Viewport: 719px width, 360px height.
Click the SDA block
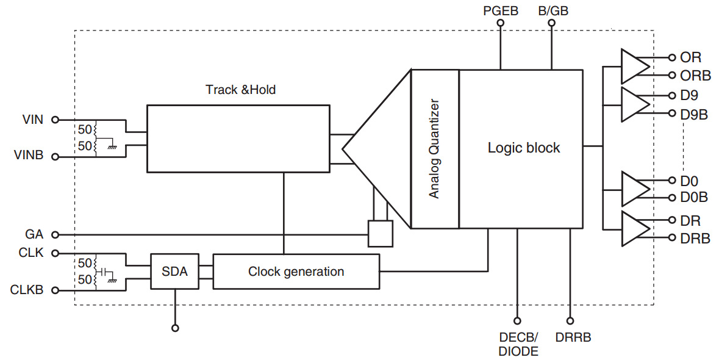coord(174,272)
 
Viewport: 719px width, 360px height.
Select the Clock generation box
coord(296,272)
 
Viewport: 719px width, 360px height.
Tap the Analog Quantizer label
coord(434,149)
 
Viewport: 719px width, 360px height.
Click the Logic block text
coord(523,148)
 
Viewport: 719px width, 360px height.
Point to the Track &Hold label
coord(240,90)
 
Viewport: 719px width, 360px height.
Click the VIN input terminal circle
coord(55,120)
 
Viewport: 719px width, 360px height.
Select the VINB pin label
coord(29,156)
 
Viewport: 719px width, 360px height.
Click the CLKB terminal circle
coord(55,290)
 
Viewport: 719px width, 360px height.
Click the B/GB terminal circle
coord(551,23)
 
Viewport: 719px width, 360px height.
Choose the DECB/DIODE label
coord(518,345)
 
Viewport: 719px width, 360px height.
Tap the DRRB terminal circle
coord(570,320)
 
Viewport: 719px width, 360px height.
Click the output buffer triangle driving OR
coord(634,66)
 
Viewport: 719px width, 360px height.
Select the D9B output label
coord(694,114)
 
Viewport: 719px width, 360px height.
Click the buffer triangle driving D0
coord(634,189)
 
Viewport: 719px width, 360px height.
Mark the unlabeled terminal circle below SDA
coord(175,328)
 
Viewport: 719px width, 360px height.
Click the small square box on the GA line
coord(381,234)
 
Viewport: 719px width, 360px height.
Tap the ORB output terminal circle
coord(672,76)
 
